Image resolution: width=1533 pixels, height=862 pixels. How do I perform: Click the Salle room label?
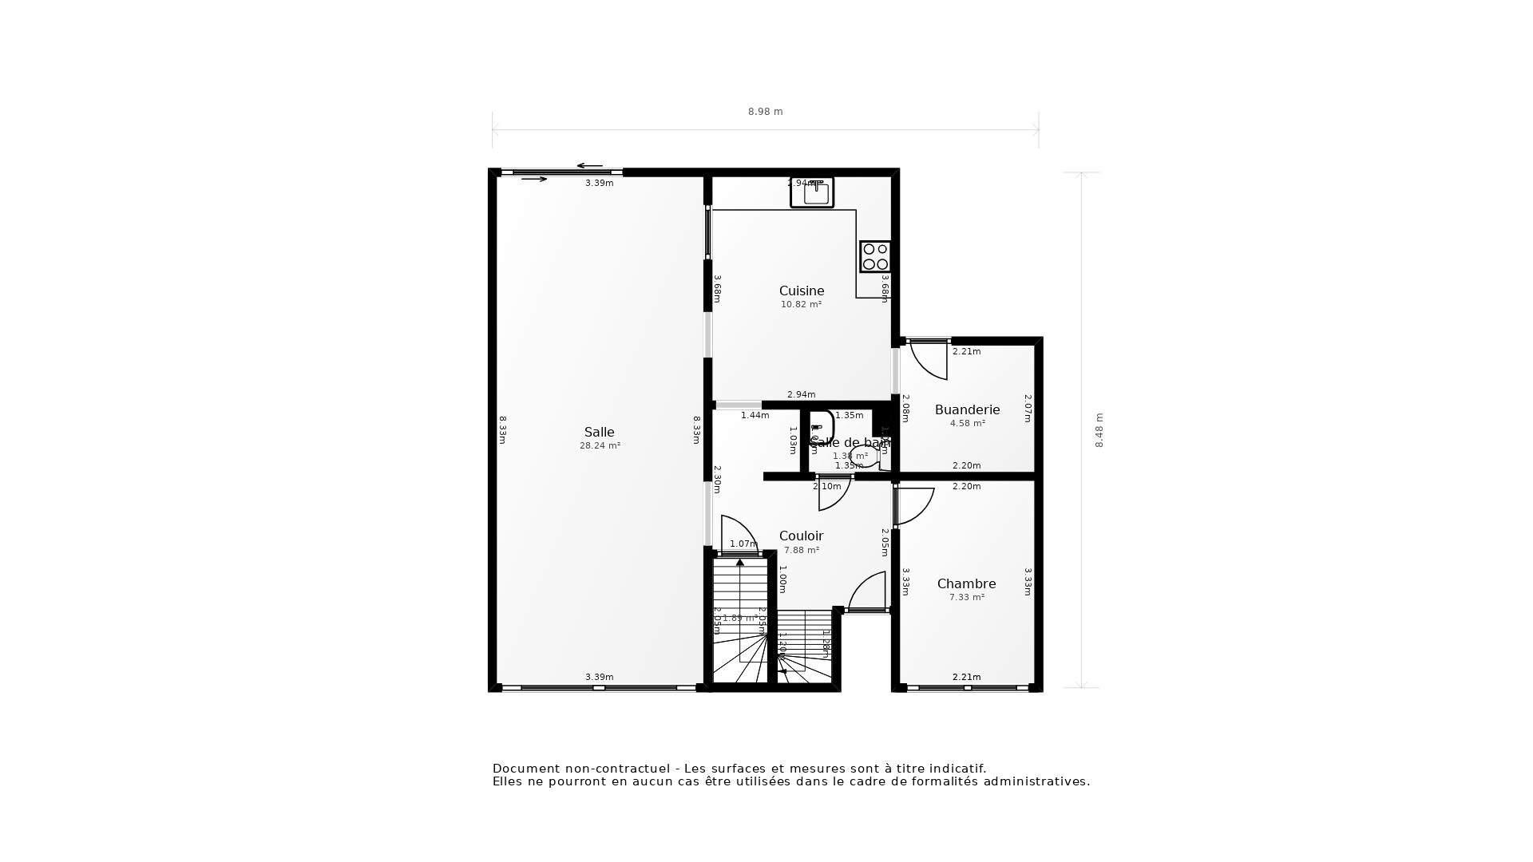click(x=599, y=433)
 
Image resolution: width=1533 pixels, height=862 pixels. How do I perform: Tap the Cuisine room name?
click(x=802, y=291)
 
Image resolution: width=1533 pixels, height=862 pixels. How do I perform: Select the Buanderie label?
click(x=967, y=410)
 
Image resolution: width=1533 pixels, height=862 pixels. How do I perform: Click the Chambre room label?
click(x=966, y=584)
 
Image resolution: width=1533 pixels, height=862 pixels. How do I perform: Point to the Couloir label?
click(x=801, y=536)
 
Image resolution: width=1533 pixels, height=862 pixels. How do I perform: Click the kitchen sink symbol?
click(x=812, y=192)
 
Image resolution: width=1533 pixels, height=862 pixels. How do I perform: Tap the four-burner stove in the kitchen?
click(x=875, y=256)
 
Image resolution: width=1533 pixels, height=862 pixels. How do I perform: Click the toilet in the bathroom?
click(x=864, y=456)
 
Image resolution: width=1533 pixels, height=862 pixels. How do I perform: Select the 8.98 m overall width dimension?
click(x=765, y=112)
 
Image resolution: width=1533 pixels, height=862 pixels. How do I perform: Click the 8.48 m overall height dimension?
click(x=1099, y=430)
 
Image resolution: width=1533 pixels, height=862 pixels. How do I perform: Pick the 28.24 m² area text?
click(x=600, y=446)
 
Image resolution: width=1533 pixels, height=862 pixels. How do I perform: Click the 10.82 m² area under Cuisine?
click(x=801, y=305)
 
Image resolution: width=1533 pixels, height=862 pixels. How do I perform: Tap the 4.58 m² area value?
click(x=967, y=424)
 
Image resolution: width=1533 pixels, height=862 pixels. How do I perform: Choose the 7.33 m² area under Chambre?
click(x=966, y=598)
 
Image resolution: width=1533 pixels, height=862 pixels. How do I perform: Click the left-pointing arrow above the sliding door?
click(x=589, y=166)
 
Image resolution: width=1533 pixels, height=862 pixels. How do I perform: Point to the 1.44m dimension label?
click(x=755, y=415)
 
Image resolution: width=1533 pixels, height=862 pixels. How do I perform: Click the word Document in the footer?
click(x=525, y=769)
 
